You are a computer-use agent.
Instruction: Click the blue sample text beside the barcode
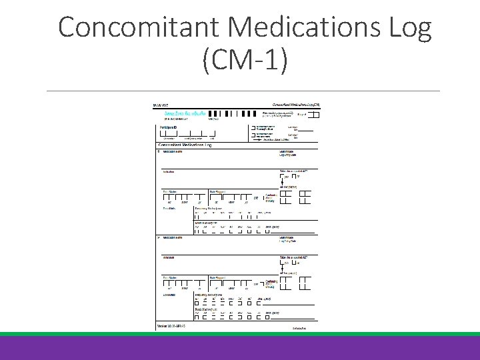(183, 113)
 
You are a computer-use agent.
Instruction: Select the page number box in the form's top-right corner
(313, 115)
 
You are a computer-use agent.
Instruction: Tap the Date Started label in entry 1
(171, 191)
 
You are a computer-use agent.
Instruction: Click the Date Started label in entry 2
(171, 277)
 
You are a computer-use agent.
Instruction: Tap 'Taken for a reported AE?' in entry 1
(294, 171)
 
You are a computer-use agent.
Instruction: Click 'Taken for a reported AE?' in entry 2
(294, 257)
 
